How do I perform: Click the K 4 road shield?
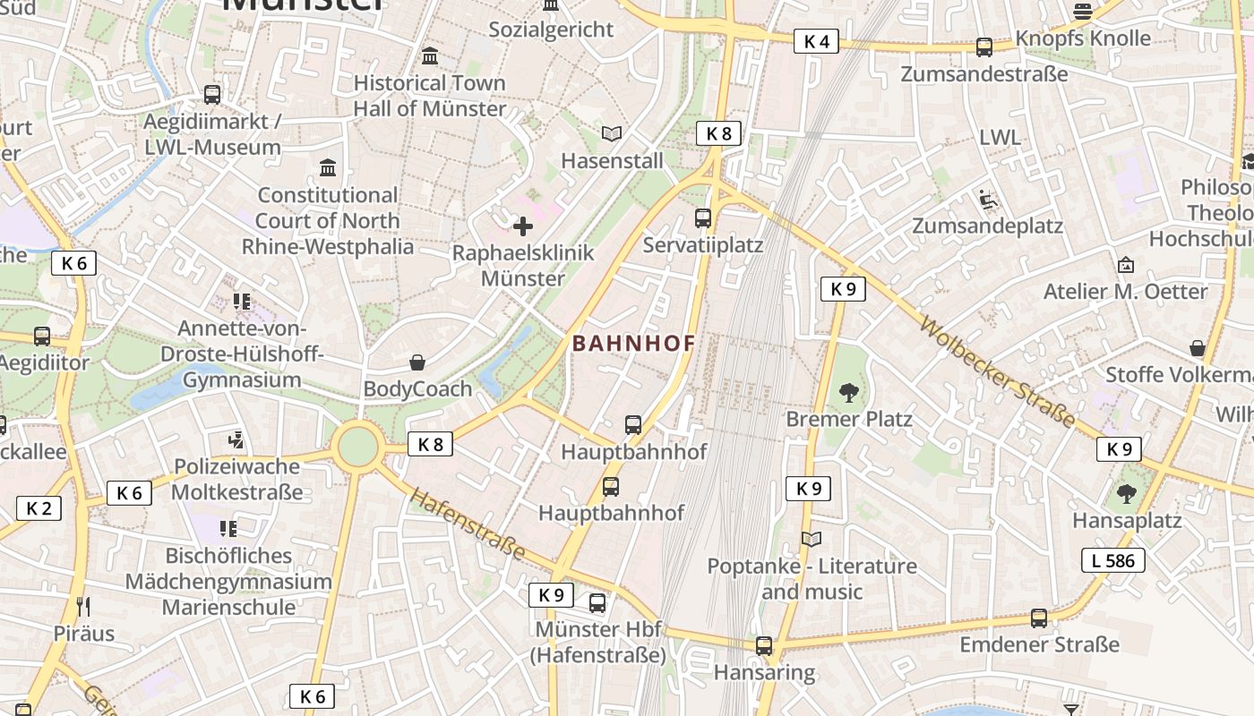click(x=816, y=41)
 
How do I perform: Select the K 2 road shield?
click(x=39, y=508)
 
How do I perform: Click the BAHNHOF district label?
click(x=634, y=344)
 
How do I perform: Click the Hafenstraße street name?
click(x=467, y=524)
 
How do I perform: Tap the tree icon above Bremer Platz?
click(x=848, y=392)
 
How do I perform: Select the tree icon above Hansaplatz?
click(x=1127, y=493)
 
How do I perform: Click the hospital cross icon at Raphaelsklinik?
click(x=523, y=226)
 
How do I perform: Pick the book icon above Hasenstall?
click(x=612, y=134)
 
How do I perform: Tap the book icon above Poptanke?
click(x=812, y=540)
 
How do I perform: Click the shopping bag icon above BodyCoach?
click(x=417, y=362)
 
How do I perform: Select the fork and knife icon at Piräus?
click(x=83, y=607)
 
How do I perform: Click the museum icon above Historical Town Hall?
click(x=430, y=56)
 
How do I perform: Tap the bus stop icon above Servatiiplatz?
click(x=703, y=217)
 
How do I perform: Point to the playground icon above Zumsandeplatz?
click(x=988, y=199)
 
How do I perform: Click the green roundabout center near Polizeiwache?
click(x=357, y=447)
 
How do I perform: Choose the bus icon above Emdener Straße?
click(x=1039, y=618)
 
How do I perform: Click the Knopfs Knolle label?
click(x=1082, y=38)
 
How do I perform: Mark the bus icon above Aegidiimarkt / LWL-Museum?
click(x=212, y=94)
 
